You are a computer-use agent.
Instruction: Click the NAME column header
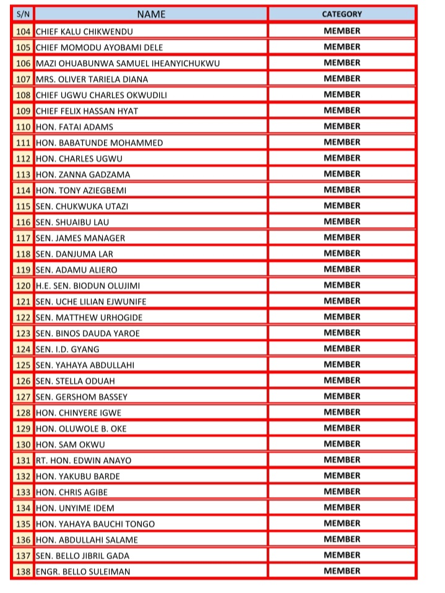tap(151, 14)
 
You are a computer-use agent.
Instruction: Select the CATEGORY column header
tap(342, 14)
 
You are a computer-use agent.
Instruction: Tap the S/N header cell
tap(23, 14)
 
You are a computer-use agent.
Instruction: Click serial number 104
tap(23, 31)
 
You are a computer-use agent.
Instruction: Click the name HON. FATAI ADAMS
tap(74, 127)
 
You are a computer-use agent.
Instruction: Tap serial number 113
tap(23, 175)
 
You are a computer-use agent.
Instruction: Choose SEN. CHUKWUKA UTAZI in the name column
tap(82, 206)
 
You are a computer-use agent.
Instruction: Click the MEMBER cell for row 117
tap(342, 238)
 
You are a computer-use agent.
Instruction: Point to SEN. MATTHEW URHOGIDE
tap(89, 318)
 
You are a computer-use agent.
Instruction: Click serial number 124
tap(23, 349)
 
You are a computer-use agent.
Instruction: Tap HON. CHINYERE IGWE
tap(79, 413)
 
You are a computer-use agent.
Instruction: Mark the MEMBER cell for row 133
tap(342, 492)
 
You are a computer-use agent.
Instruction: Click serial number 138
tap(23, 571)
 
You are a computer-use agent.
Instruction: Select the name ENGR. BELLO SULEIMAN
tap(83, 571)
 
